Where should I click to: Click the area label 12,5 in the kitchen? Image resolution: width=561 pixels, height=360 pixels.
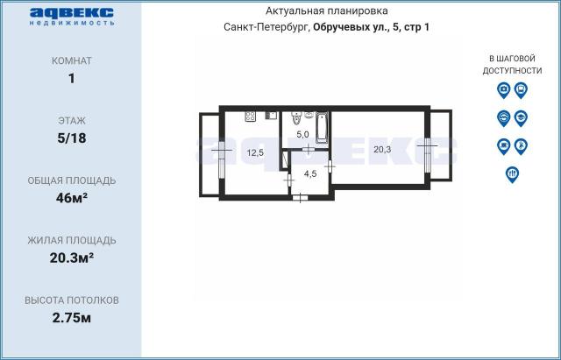click(x=255, y=153)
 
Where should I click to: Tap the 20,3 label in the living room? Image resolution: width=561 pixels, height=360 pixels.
click(x=382, y=150)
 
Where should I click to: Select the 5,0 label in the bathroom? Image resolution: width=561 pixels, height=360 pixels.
click(x=302, y=134)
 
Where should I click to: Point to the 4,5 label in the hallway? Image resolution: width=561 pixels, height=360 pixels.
click(x=310, y=174)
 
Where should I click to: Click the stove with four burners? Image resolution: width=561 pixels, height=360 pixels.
click(x=250, y=116)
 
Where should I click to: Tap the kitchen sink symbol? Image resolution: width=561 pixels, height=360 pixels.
click(x=271, y=115)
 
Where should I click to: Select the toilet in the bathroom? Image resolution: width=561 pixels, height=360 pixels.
click(x=296, y=117)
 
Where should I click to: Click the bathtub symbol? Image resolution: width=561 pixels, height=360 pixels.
click(x=322, y=128)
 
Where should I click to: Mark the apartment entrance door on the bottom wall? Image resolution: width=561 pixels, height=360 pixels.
click(x=300, y=197)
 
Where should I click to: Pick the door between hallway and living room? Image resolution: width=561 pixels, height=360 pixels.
click(x=330, y=166)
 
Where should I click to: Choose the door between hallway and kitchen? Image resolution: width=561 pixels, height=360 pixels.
click(x=289, y=180)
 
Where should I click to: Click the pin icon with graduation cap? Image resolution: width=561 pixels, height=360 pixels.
click(x=521, y=118)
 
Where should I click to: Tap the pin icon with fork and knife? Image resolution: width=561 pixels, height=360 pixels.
click(x=512, y=174)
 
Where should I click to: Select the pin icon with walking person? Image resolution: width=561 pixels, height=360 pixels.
click(x=521, y=146)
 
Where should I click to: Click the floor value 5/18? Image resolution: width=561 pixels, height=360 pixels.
click(x=72, y=138)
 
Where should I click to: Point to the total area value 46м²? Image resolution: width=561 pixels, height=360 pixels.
click(x=72, y=198)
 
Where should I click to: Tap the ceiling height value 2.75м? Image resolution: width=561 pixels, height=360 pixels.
click(x=72, y=317)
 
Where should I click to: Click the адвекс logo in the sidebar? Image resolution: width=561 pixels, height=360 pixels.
click(x=72, y=16)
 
